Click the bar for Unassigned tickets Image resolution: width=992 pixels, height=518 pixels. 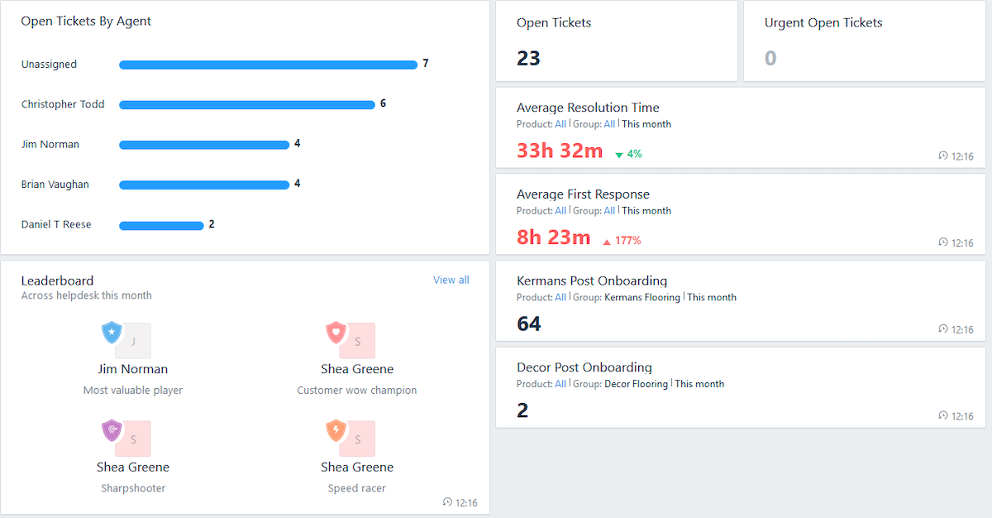(x=268, y=65)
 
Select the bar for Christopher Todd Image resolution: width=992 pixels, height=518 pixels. (x=246, y=105)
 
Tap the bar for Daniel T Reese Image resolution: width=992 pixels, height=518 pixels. (x=161, y=225)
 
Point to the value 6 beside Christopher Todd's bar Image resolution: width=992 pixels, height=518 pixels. (x=383, y=103)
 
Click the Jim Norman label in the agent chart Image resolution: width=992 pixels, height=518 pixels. (x=50, y=144)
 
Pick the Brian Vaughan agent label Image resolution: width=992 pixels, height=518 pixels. (x=55, y=185)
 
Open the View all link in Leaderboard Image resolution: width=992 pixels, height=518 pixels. (x=451, y=280)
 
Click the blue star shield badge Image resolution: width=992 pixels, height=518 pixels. (x=112, y=333)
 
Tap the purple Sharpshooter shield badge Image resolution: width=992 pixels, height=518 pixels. (x=112, y=430)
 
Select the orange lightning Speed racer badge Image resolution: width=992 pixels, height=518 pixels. (x=336, y=430)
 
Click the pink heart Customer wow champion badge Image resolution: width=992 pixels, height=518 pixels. (x=336, y=333)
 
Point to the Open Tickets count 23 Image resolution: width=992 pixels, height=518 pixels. (x=528, y=58)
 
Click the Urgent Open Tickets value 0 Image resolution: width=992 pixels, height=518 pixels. (x=770, y=58)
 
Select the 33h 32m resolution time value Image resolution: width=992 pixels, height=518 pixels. (x=560, y=151)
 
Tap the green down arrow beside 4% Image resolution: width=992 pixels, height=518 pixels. (x=619, y=155)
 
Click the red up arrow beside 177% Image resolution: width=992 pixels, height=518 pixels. (x=607, y=242)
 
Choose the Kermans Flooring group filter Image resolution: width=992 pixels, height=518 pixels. (x=642, y=297)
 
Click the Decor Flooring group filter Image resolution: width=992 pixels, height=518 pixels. (x=636, y=384)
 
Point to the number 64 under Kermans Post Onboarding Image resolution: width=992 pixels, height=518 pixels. (x=528, y=324)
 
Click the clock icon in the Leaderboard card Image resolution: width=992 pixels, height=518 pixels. (x=447, y=502)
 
